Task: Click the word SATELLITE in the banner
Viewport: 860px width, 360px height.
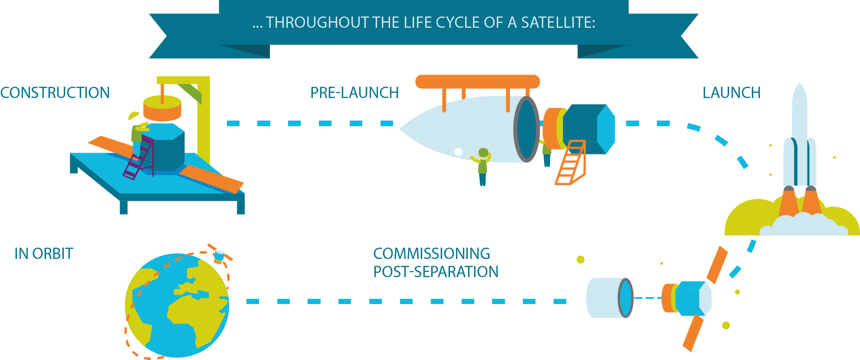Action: (x=558, y=23)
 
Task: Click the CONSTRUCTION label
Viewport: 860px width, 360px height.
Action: (x=55, y=93)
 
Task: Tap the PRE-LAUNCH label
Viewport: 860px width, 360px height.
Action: (x=355, y=93)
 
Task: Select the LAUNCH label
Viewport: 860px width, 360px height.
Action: (x=732, y=93)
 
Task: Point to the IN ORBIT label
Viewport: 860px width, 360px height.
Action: (x=44, y=254)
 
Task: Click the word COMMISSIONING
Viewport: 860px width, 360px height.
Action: (x=432, y=254)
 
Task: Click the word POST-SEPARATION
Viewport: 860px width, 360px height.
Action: (x=436, y=272)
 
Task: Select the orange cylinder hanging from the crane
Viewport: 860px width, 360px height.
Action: (x=162, y=108)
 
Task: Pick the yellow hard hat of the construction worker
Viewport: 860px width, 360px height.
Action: (x=133, y=116)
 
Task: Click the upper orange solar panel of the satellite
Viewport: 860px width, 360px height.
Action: (x=717, y=265)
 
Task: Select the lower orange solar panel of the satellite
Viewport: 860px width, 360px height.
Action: (x=693, y=333)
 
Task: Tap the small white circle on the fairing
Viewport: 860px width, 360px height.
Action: (x=458, y=152)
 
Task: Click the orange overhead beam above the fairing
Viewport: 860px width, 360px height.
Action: (x=477, y=82)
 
